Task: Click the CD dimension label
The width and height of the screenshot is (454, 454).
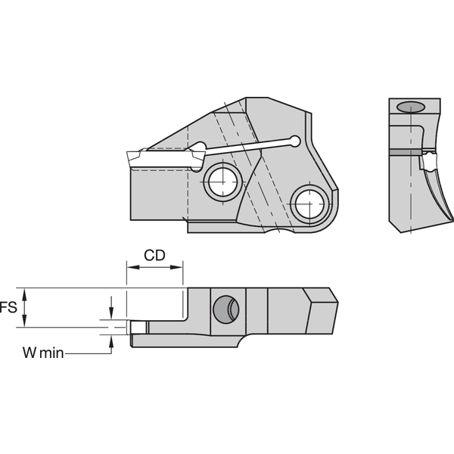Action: point(154,255)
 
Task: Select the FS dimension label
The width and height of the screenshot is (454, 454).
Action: point(8,307)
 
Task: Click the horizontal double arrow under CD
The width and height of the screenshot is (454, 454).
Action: point(154,267)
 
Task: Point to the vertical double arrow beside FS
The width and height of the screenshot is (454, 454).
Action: point(25,307)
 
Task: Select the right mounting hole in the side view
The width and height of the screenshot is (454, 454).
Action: point(310,202)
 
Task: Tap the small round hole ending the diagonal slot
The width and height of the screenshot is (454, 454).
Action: point(295,141)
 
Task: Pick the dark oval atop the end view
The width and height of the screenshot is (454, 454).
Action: point(411,107)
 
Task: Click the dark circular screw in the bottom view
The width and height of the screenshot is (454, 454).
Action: point(226,309)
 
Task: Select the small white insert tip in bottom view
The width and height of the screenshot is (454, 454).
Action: point(138,328)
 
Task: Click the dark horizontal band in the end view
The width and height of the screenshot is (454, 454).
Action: point(405,151)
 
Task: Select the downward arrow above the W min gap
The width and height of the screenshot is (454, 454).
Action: point(112,309)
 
